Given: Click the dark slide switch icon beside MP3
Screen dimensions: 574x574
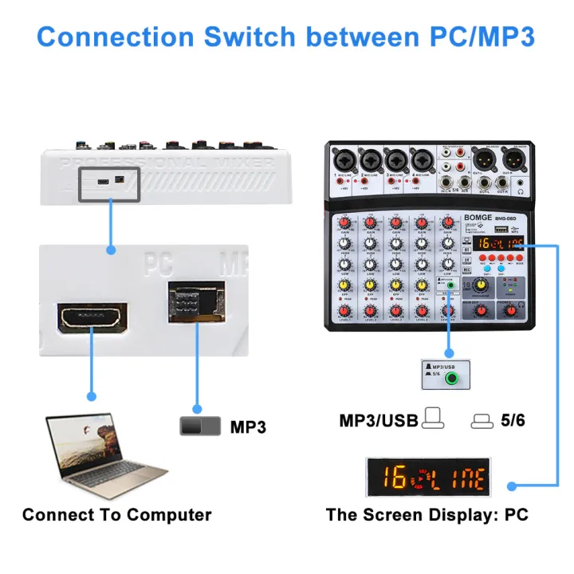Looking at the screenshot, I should tap(200, 427).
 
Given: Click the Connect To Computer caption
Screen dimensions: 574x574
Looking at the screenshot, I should tap(117, 514).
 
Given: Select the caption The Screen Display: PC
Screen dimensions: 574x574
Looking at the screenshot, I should tap(427, 514).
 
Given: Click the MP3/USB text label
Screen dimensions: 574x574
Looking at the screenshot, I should tap(379, 420).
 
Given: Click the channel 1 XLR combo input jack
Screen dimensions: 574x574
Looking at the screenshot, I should tap(344, 159).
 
